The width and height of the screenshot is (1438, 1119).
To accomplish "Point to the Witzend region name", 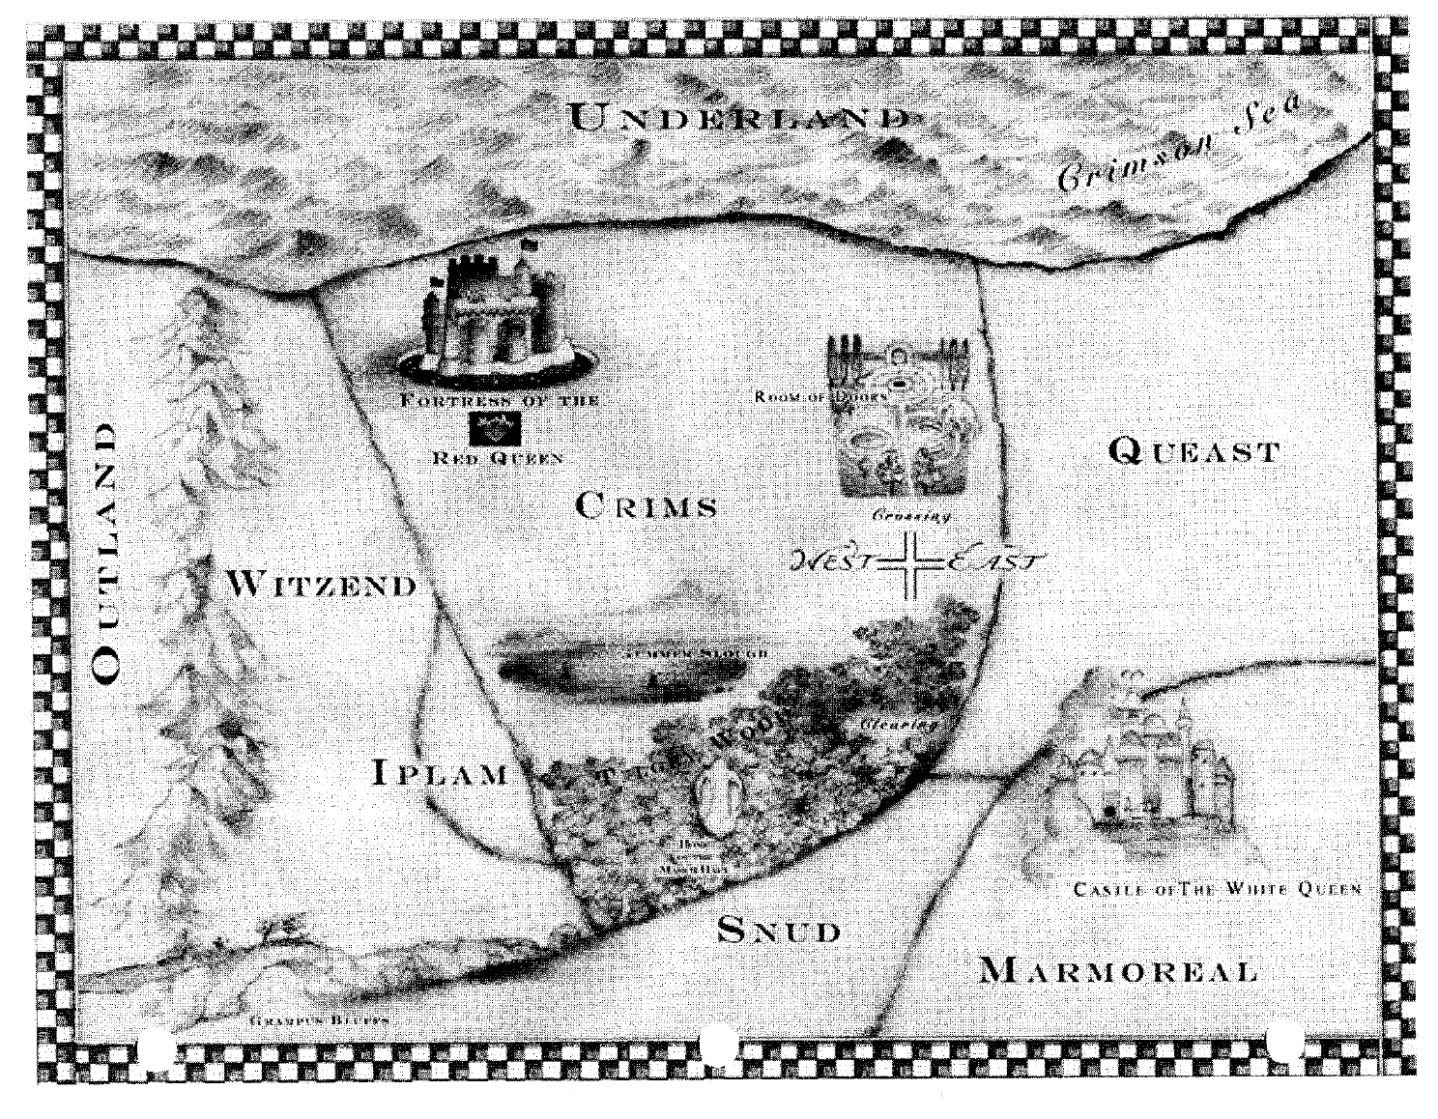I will pyautogui.click(x=322, y=584).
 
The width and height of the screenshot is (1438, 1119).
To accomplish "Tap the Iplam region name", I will pyautogui.click(x=441, y=773).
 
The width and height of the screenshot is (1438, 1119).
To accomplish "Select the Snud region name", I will pyautogui.click(x=779, y=930).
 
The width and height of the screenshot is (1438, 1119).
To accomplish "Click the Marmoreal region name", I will pyautogui.click(x=1118, y=969).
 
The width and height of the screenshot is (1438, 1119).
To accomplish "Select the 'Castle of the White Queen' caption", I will pyautogui.click(x=1218, y=890).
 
